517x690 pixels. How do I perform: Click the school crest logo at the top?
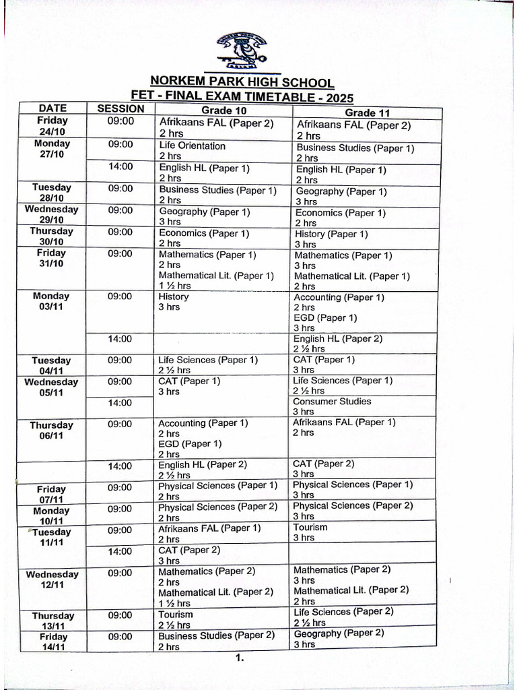point(242,52)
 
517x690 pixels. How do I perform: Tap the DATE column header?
point(53,108)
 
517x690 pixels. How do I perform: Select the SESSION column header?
point(120,108)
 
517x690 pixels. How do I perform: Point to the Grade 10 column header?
point(224,111)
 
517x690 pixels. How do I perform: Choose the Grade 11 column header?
point(368,113)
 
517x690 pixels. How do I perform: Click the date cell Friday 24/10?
point(53,126)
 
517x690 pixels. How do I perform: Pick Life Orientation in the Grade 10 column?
point(193,146)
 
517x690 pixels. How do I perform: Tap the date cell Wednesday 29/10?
point(52,214)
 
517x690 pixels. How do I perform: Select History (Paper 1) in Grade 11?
point(331,234)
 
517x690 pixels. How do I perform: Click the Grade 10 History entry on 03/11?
point(174,296)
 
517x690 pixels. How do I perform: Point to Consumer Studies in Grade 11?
point(332,402)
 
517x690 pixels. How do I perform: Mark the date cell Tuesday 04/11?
point(51,365)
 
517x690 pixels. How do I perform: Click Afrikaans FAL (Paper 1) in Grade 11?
point(344,422)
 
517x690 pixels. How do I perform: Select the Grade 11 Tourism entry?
point(310,528)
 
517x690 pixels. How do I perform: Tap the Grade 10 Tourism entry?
point(176,615)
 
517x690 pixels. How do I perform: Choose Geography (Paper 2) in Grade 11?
point(339,633)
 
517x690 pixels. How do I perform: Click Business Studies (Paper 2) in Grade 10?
point(216,635)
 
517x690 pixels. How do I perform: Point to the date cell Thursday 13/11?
point(53,621)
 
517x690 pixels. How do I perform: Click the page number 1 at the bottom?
point(239,658)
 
